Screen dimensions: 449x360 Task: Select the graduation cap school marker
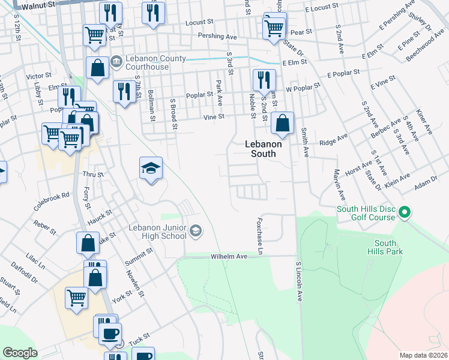point(151,169)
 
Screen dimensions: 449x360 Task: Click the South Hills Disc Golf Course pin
point(405,212)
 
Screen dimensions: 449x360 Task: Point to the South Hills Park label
point(388,247)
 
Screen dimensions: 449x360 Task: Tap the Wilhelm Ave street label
point(229,256)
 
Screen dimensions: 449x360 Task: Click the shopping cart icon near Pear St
point(274,26)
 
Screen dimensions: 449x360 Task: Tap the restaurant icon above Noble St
point(264,80)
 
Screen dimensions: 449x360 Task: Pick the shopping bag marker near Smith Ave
point(282,124)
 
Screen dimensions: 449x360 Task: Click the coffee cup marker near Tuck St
point(110,334)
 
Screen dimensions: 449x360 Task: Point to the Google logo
point(20,353)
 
